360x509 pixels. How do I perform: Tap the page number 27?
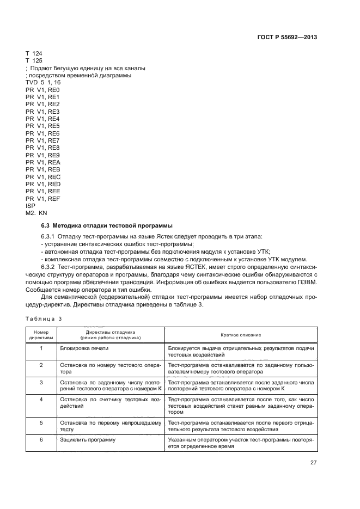[313, 463]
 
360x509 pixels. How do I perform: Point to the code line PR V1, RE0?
[42, 89]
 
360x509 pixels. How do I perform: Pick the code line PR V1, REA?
[42, 162]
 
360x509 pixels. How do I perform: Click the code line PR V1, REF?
[42, 199]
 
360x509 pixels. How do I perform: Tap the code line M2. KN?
[36, 213]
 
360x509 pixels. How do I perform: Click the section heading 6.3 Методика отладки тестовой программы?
[107, 225]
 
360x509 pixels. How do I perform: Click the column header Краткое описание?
[240, 335]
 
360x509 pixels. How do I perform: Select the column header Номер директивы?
[41, 335]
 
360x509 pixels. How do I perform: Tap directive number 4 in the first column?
[41, 400]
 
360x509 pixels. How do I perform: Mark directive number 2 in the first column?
[41, 364]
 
